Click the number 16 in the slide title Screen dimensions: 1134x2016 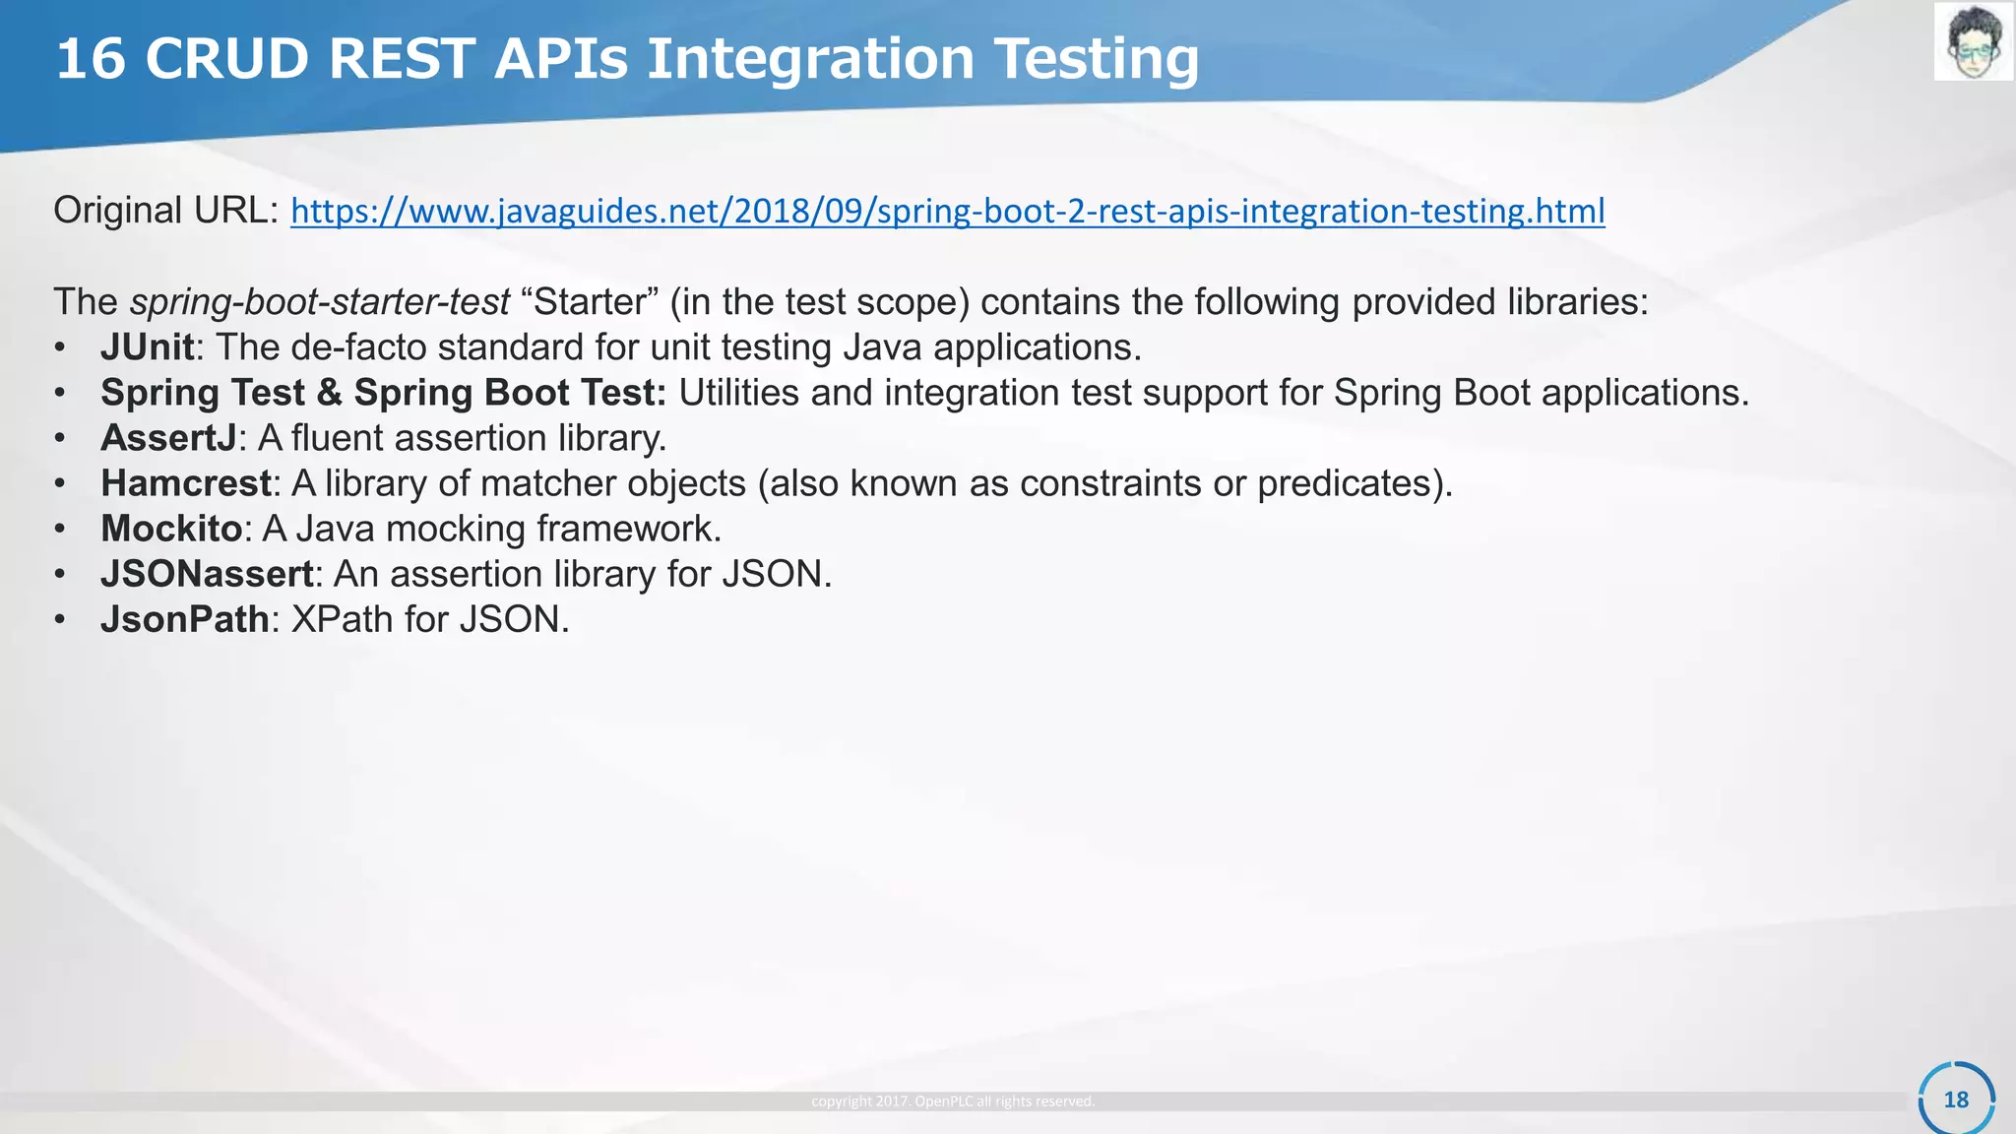[91, 59]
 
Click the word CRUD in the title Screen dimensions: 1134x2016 [227, 59]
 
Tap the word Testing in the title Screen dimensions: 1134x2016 [1096, 59]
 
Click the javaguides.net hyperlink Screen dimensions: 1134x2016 [947, 211]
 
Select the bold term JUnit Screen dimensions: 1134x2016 [147, 347]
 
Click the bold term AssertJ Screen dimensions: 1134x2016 [168, 438]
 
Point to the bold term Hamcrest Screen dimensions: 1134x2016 [185, 483]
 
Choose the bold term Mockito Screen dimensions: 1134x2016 [171, 529]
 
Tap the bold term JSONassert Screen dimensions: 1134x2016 [207, 574]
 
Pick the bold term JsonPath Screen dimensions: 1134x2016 [184, 619]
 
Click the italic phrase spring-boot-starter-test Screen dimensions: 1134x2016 [320, 302]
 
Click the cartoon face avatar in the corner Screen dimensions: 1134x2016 [1973, 41]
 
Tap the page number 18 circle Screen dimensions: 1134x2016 [1956, 1100]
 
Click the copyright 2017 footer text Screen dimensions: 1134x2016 [952, 1102]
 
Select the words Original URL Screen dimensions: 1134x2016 [165, 211]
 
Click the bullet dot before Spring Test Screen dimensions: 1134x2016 [60, 393]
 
